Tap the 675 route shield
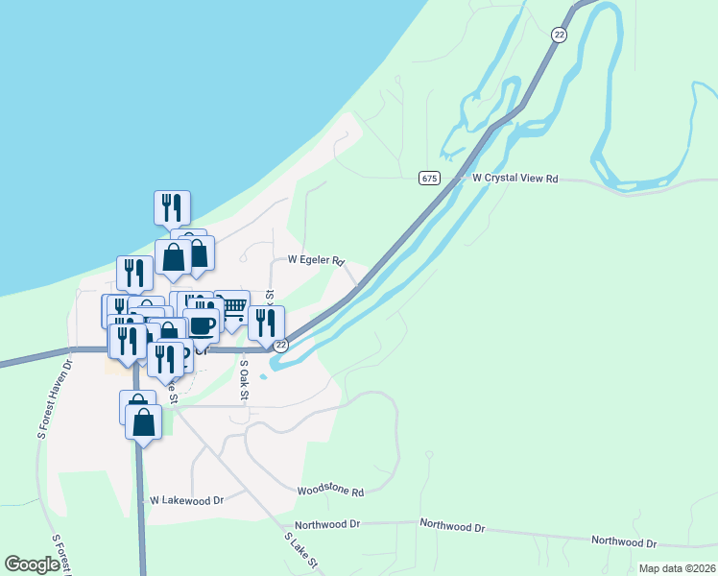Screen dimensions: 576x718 (x=429, y=178)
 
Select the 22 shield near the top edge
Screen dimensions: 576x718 (x=559, y=34)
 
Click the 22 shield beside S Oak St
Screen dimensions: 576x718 (x=280, y=345)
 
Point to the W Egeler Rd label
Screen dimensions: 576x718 (x=316, y=260)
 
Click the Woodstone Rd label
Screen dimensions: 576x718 (x=330, y=492)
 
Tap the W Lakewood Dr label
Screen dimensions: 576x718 (x=186, y=500)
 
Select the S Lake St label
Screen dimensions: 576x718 (x=300, y=550)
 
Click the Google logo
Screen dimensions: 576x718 (x=32, y=564)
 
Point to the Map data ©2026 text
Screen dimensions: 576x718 (x=676, y=568)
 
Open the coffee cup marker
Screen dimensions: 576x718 (x=201, y=324)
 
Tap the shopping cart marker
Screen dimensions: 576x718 (x=231, y=307)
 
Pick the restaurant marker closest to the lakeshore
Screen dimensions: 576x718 (x=172, y=207)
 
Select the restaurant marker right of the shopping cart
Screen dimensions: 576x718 (x=266, y=323)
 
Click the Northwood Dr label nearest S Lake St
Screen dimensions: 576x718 (x=327, y=525)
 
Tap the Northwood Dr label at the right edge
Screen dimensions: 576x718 (x=623, y=541)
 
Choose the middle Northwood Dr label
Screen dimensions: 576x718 (x=453, y=527)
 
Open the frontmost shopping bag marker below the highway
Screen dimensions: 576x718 (x=143, y=422)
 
